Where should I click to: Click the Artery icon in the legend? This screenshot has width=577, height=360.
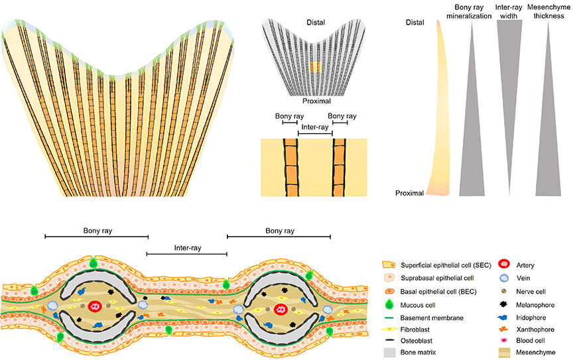pos(504,265)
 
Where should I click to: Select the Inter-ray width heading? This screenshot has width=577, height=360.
pos(511,11)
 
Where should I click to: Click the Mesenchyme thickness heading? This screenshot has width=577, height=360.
pos(546,11)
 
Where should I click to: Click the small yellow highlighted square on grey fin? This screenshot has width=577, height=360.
pos(315,68)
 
